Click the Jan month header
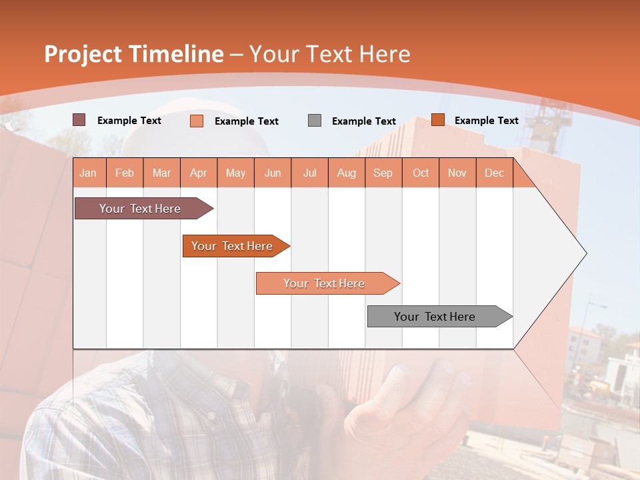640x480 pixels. click(x=89, y=173)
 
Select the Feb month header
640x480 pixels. click(x=125, y=173)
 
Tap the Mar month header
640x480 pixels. click(x=161, y=173)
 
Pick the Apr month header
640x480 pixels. click(x=199, y=173)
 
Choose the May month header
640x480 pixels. click(x=235, y=173)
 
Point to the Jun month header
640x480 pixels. click(x=273, y=173)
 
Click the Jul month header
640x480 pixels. click(x=309, y=173)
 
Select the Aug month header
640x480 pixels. click(x=347, y=173)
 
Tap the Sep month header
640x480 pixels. click(x=383, y=173)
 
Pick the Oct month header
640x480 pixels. click(x=421, y=173)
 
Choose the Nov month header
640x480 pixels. click(x=457, y=173)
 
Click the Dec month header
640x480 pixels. click(x=495, y=173)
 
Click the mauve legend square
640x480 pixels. click(x=79, y=120)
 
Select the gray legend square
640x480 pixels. click(x=315, y=120)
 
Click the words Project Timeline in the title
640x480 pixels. click(x=134, y=54)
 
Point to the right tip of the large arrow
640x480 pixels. click(x=585, y=253)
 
